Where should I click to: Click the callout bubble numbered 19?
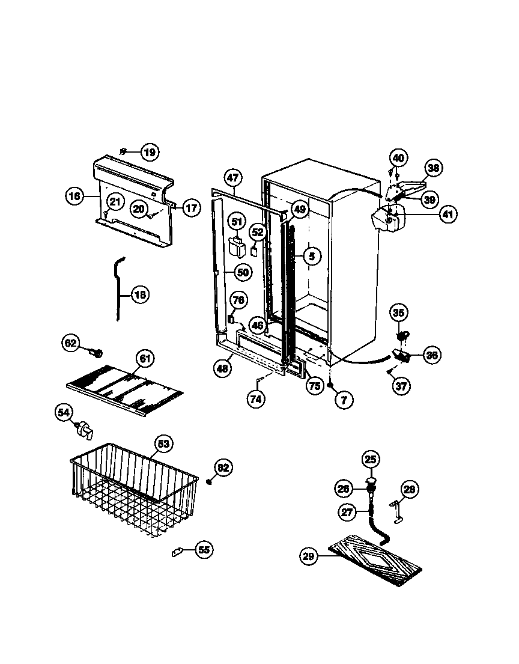150,152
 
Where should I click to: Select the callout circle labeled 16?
74,196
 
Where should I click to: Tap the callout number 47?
233,178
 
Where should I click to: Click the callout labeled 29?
309,556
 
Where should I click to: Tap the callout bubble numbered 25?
371,460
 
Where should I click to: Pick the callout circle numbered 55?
204,549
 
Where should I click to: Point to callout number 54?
64,412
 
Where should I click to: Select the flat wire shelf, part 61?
123,389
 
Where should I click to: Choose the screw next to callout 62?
97,350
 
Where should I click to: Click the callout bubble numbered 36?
431,355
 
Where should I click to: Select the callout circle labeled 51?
237,222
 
